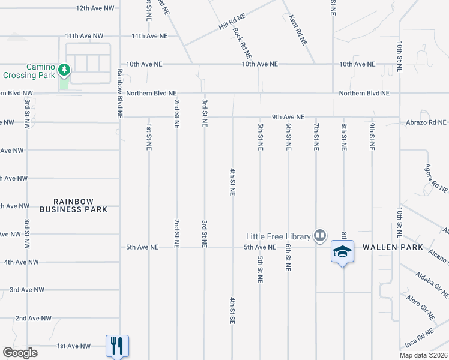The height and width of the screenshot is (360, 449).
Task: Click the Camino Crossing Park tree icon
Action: [x=64, y=71]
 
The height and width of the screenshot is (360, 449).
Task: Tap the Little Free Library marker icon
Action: [x=320, y=236]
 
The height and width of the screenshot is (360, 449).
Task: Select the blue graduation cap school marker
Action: [x=342, y=251]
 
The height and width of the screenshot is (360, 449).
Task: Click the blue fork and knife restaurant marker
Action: [x=118, y=346]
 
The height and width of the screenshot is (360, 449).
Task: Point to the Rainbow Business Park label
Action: [x=73, y=205]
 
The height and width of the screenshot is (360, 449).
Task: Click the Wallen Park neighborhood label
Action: [x=392, y=247]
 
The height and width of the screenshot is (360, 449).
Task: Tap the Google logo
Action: [x=20, y=353]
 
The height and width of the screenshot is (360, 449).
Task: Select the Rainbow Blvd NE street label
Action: [x=120, y=93]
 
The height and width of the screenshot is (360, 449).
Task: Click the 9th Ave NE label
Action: [x=288, y=117]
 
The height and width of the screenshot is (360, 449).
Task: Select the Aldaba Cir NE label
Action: [x=432, y=284]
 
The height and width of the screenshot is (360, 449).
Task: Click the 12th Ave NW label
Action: [x=95, y=8]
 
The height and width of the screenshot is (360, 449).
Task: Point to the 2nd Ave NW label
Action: [x=34, y=318]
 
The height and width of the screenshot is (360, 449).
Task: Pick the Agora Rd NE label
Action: [x=436, y=178]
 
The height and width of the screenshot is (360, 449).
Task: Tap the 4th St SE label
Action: [x=232, y=310]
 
